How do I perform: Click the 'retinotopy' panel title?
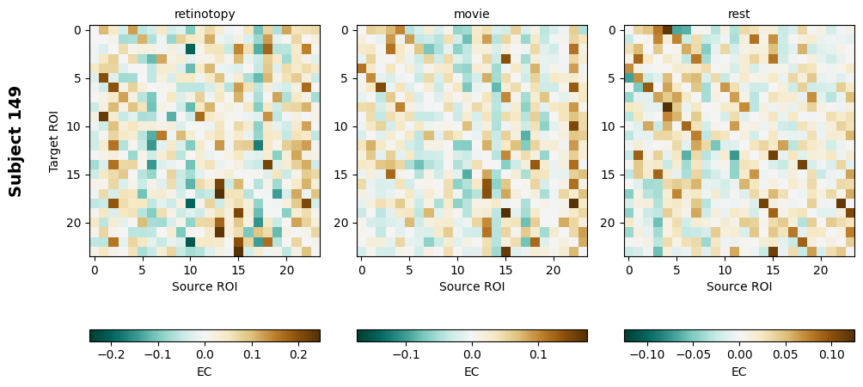pos(205,14)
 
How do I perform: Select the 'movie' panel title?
pos(472,14)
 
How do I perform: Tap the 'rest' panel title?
pos(739,14)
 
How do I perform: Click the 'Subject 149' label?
pos(15,141)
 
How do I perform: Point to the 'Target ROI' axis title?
pos(53,141)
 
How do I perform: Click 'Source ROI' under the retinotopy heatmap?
pos(205,286)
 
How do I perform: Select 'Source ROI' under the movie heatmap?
pos(472,286)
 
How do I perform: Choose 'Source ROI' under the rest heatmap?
pos(739,286)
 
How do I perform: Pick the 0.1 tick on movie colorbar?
pos(538,353)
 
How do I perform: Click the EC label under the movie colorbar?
pos(472,372)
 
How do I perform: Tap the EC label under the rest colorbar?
pos(739,372)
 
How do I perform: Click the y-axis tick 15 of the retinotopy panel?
pos(76,175)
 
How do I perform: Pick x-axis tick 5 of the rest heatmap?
pos(676,271)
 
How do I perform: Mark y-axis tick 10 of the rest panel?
pos(610,126)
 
